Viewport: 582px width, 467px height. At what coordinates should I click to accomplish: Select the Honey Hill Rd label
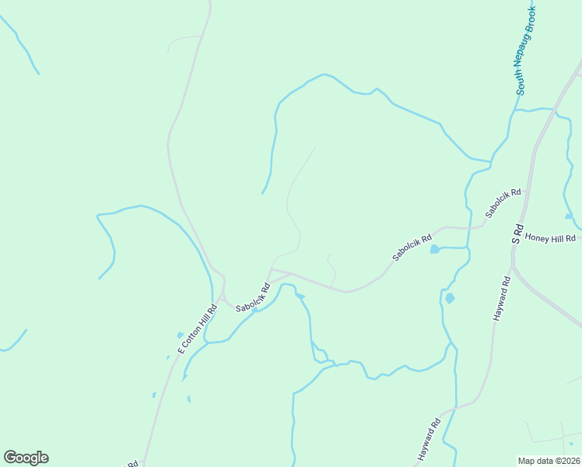click(x=550, y=237)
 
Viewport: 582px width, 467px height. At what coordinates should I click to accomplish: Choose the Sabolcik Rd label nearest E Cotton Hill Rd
click(x=253, y=298)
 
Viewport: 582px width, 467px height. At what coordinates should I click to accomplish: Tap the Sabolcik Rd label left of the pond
click(x=412, y=248)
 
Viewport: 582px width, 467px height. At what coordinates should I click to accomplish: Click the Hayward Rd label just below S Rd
click(x=501, y=300)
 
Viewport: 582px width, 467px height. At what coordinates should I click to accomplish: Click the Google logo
click(x=26, y=458)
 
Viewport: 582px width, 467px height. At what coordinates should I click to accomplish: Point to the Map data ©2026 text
click(x=549, y=461)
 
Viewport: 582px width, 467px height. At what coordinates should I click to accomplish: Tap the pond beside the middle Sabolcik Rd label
click(x=434, y=250)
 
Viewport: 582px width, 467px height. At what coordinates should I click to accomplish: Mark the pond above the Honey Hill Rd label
click(x=569, y=216)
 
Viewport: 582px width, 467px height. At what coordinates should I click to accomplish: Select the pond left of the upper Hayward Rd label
click(x=450, y=298)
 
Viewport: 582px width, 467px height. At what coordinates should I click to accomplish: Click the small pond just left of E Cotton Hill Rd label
click(x=181, y=335)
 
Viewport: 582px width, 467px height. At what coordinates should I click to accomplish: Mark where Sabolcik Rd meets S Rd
click(x=527, y=189)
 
